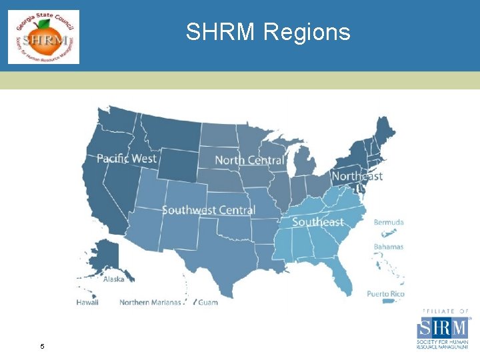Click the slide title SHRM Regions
click(x=268, y=31)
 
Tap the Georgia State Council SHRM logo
click(x=43, y=37)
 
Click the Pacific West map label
click(x=127, y=158)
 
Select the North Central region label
click(x=249, y=160)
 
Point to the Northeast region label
click(x=357, y=176)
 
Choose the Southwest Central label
click(x=208, y=210)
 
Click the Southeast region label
click(x=318, y=222)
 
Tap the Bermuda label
click(x=389, y=222)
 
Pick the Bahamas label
click(x=388, y=247)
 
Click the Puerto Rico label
click(x=385, y=294)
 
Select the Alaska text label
click(x=113, y=279)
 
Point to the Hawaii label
click(x=87, y=302)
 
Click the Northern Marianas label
click(x=150, y=302)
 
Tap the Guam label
click(x=208, y=302)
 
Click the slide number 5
click(x=43, y=347)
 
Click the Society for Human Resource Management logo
click(x=443, y=330)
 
